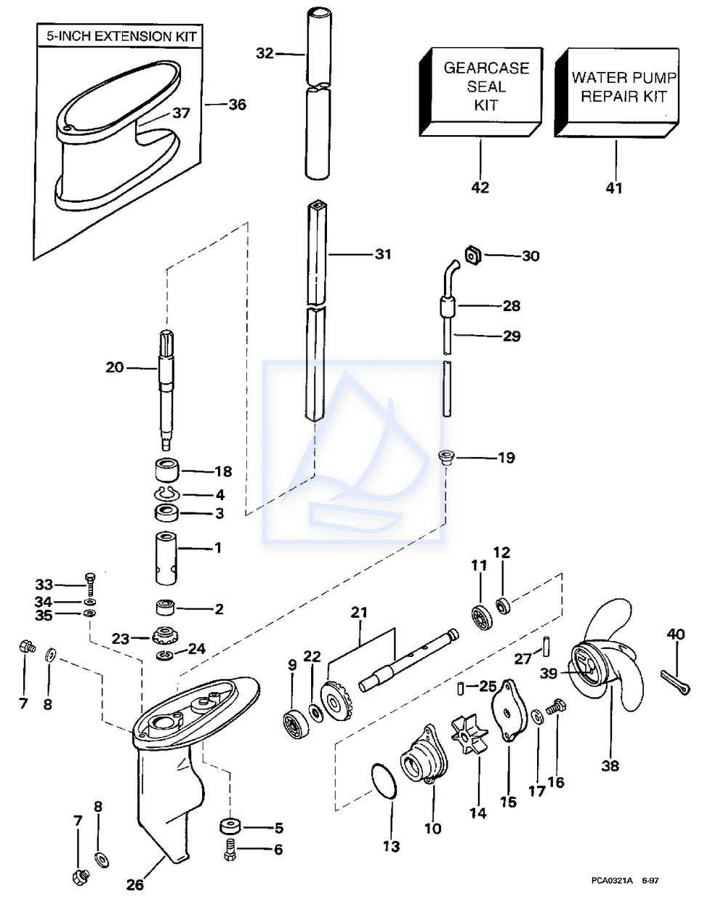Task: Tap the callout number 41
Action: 614,188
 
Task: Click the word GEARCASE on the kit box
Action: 486,68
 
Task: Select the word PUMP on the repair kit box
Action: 658,77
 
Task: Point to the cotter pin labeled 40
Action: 675,682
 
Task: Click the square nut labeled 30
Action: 473,255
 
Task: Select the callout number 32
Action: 265,54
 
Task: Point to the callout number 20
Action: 114,368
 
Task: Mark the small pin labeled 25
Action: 461,688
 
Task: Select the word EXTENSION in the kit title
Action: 132,36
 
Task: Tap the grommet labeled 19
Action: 445,457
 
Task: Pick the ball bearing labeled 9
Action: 296,724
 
